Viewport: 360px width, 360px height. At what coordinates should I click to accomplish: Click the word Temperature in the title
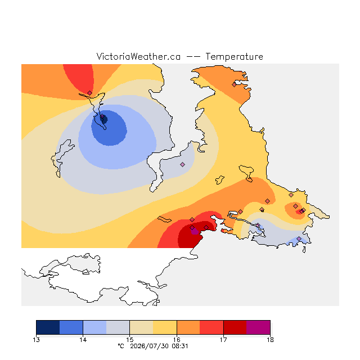pos(234,56)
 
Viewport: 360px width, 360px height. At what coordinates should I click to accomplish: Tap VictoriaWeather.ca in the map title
pos(138,56)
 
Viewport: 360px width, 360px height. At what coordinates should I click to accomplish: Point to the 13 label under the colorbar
pos(36,340)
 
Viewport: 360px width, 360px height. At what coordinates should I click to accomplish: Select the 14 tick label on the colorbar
pos(83,340)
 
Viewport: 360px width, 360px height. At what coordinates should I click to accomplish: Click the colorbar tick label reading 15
pos(130,340)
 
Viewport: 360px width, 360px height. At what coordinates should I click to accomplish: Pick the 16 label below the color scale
pos(177,340)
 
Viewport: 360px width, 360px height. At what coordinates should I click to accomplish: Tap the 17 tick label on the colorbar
pos(223,340)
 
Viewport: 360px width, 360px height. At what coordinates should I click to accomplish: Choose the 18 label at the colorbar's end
pos(270,340)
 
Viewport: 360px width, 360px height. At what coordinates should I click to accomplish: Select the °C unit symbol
pos(121,346)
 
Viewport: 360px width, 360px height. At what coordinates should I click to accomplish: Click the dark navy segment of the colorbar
pos(48,327)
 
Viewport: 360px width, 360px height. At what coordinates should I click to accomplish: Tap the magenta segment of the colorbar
pos(258,327)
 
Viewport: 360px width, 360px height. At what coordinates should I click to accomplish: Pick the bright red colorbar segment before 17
pos(211,327)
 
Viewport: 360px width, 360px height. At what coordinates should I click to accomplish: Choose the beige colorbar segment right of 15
pos(141,327)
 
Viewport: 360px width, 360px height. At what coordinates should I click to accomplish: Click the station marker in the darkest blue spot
pos(102,116)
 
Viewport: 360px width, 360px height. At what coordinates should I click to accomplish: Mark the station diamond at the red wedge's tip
pos(89,93)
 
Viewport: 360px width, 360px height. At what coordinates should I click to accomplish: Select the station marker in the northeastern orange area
pos(234,85)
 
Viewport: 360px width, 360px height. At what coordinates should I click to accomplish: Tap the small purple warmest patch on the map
pos(195,231)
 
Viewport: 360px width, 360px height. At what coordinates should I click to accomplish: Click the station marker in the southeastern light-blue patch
pos(299,238)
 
